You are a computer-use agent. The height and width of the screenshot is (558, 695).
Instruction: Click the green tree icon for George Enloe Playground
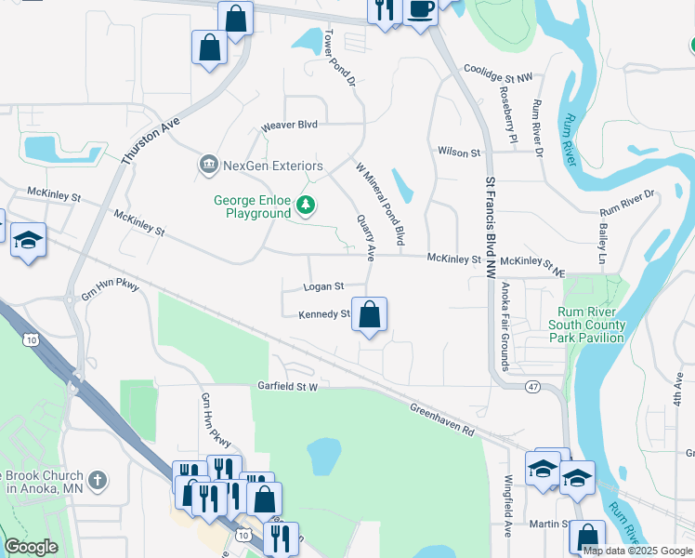click(304, 205)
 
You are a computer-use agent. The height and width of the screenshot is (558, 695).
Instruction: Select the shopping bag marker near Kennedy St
click(370, 316)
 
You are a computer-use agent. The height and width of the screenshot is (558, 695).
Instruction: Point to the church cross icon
click(99, 481)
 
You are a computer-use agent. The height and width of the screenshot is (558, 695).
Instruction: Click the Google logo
click(31, 547)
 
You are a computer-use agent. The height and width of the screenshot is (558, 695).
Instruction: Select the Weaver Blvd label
click(289, 125)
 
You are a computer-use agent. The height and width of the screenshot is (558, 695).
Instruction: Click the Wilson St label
click(458, 152)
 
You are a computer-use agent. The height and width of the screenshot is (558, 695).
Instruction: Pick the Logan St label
click(324, 286)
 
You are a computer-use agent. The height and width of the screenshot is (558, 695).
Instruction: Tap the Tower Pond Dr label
click(339, 59)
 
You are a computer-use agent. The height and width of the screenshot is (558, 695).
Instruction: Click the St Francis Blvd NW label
click(491, 215)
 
